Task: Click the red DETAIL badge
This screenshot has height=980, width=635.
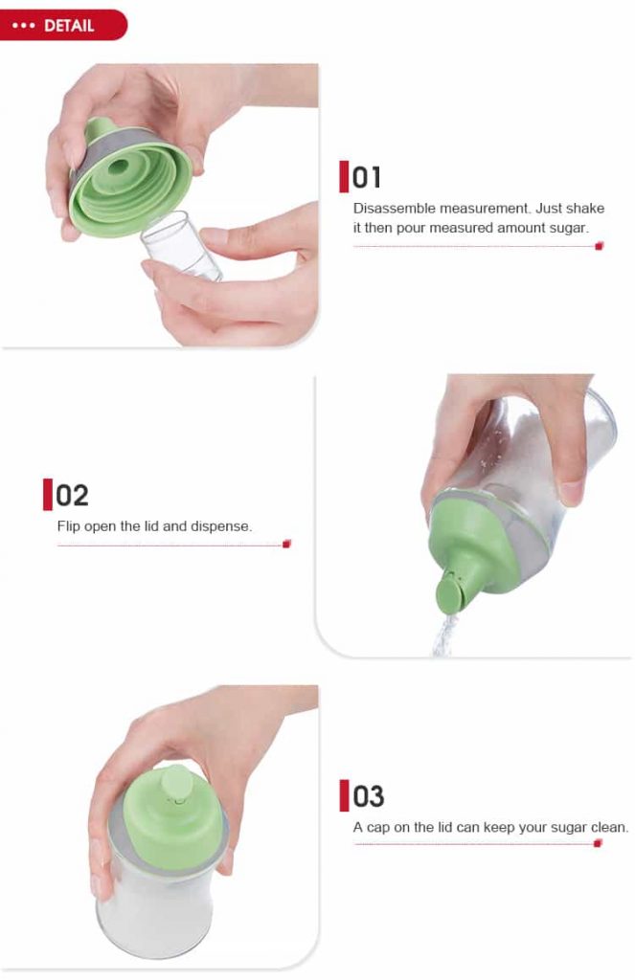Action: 62,25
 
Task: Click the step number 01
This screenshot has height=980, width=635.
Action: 366,177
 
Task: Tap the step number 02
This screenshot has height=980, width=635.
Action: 72,496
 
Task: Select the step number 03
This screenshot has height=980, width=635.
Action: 369,796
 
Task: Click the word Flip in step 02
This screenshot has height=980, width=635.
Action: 69,526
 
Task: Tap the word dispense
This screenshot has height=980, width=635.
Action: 221,526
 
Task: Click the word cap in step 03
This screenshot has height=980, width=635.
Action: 378,828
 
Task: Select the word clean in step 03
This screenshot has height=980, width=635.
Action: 609,828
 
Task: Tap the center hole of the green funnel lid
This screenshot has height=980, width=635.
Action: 118,167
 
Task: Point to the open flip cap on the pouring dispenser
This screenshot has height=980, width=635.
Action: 448,592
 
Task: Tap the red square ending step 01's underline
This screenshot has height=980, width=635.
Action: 599,246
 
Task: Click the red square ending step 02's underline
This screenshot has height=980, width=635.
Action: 286,544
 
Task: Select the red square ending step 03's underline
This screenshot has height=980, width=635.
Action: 598,844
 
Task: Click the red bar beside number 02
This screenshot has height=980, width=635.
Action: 48,495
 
